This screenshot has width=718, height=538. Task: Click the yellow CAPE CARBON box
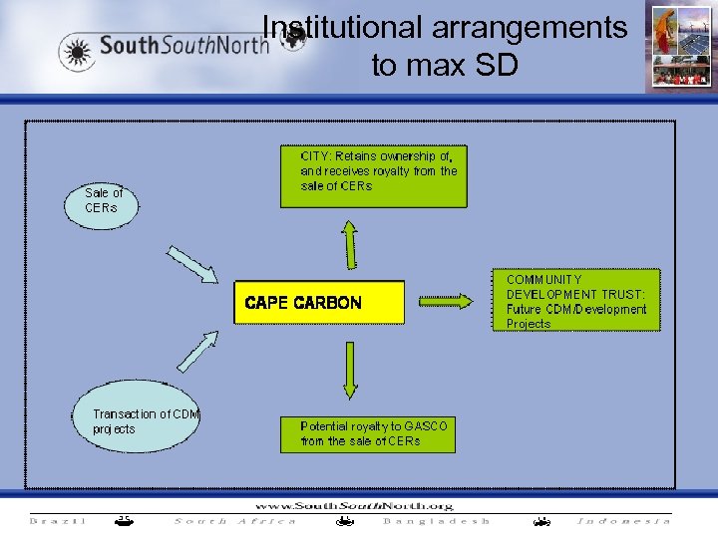click(319, 302)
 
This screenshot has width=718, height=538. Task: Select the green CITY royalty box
click(383, 177)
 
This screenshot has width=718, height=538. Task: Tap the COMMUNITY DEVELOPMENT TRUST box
click(575, 300)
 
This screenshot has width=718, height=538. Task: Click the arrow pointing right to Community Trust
click(450, 300)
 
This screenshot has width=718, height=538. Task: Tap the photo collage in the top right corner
click(679, 47)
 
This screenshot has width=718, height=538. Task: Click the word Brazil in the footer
click(58, 521)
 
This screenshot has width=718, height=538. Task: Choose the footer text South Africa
click(235, 521)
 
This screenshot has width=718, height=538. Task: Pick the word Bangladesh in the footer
click(437, 521)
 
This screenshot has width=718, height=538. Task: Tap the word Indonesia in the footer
click(624, 521)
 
